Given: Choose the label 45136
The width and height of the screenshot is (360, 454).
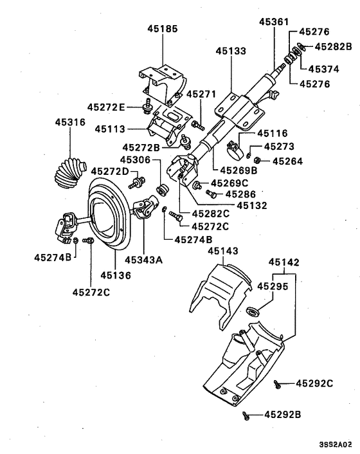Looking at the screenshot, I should pos(115,275).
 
